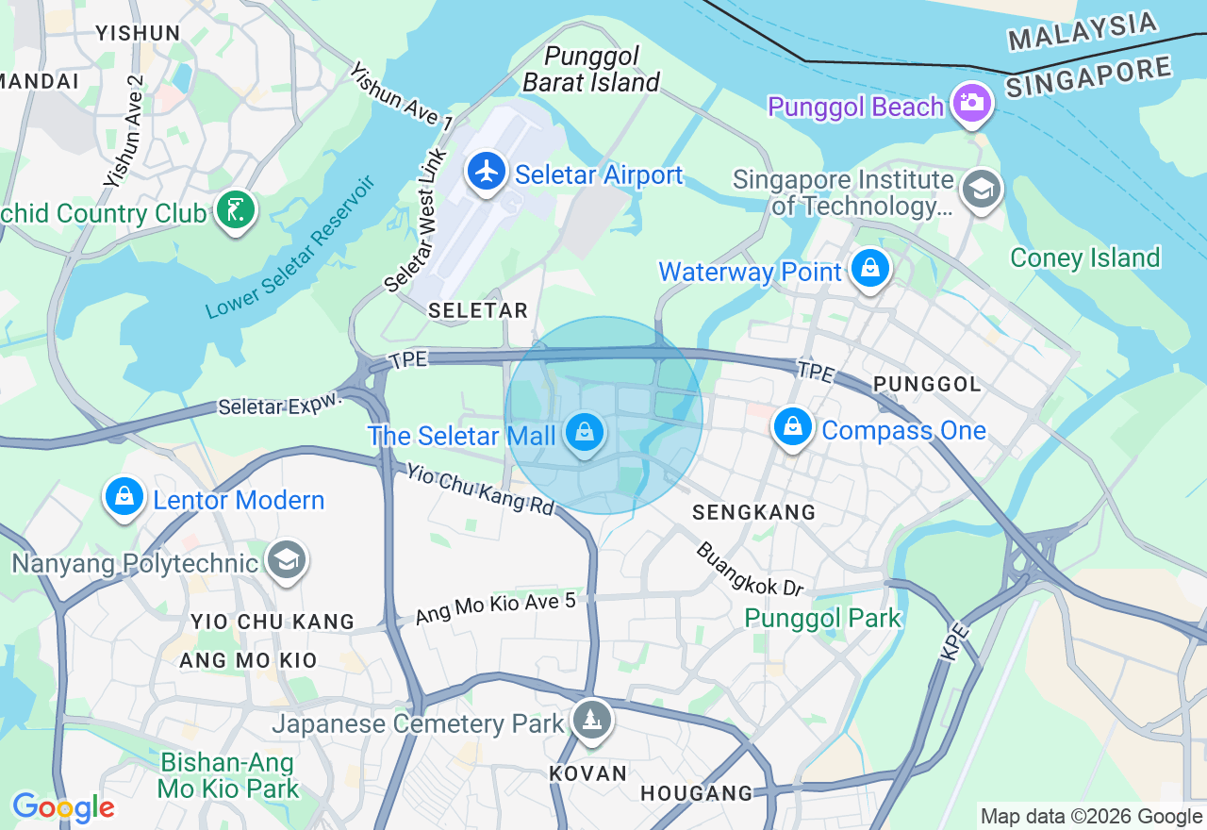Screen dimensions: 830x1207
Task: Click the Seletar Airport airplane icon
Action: [x=487, y=172]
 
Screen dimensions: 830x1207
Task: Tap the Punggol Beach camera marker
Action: [x=970, y=102]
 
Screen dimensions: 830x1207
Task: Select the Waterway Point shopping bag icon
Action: [x=869, y=269]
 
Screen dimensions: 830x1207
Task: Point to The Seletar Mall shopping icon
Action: [x=585, y=434]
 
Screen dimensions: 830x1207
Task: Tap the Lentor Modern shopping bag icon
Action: [x=124, y=496]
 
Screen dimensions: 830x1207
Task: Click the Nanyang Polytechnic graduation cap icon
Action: [x=287, y=560]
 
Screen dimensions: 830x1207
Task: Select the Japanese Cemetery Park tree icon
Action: [x=591, y=721]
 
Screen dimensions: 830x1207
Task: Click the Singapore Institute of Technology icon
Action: [x=981, y=189]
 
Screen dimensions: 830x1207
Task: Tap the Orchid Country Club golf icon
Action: [x=235, y=209]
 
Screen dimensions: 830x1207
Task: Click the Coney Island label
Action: [x=1084, y=257]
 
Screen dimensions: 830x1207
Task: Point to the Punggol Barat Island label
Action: [x=591, y=70]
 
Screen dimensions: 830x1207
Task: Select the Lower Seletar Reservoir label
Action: [x=290, y=247]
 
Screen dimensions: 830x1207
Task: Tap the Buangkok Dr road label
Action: [x=750, y=569]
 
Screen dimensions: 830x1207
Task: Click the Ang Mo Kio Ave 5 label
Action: [x=495, y=608]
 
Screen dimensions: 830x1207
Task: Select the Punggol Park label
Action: [x=823, y=619]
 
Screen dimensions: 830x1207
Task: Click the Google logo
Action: [x=63, y=807]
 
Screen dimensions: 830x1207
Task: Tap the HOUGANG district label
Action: [x=697, y=793]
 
